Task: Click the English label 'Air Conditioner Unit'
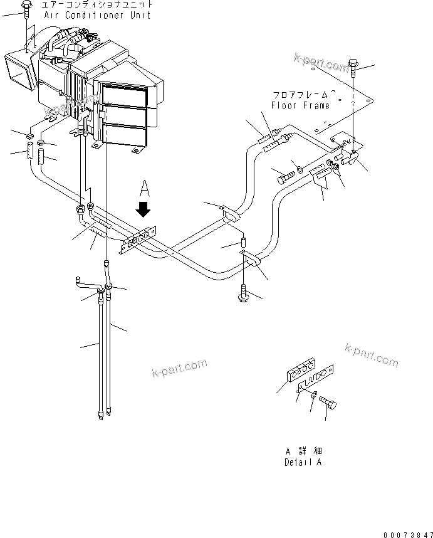(97, 14)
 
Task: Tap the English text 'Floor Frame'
(300, 105)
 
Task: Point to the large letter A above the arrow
(145, 186)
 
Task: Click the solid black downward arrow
(145, 206)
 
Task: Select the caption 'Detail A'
(303, 463)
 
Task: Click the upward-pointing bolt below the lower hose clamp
(243, 293)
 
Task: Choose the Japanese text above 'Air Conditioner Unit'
(97, 4)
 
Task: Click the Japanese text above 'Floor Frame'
(300, 95)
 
